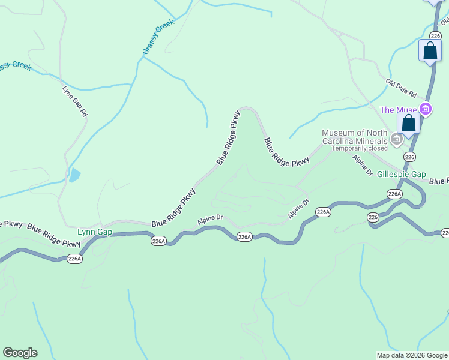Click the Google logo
click(x=20, y=353)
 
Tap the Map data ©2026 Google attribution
click(x=412, y=355)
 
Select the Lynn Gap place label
click(x=95, y=232)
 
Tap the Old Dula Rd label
click(x=401, y=88)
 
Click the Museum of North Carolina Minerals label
click(x=354, y=137)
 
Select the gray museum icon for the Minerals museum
click(x=397, y=140)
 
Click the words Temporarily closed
click(x=360, y=148)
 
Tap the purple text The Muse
click(x=399, y=110)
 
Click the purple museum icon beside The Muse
click(x=426, y=109)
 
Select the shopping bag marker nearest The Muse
click(x=409, y=123)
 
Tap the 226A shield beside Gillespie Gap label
click(x=394, y=194)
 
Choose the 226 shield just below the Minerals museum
click(x=409, y=157)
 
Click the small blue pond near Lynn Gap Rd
click(x=74, y=175)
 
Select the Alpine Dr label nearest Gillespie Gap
click(x=363, y=165)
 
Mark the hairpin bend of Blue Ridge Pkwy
click(x=248, y=110)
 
